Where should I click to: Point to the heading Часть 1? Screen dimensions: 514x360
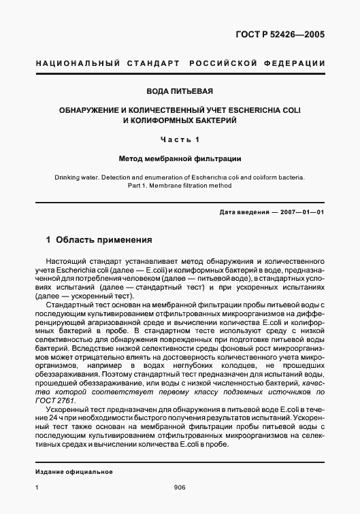click(x=180, y=139)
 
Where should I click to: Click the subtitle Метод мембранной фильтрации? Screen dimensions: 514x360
click(x=180, y=158)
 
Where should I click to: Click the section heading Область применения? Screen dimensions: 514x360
click(x=99, y=240)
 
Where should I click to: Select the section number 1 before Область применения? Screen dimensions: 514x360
click(x=48, y=240)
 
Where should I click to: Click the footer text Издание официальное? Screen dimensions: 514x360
click(x=74, y=472)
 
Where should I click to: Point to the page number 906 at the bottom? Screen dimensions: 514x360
click(x=180, y=487)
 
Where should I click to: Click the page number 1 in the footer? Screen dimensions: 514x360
click(x=37, y=487)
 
